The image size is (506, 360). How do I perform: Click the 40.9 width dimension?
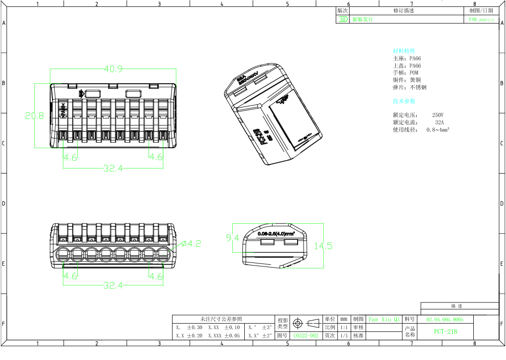tap(113, 69)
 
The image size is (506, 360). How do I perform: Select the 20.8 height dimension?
tap(34, 116)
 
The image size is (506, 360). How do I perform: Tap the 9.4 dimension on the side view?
tap(232, 238)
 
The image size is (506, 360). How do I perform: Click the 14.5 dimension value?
tap(323, 246)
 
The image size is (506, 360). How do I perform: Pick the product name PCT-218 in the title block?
tap(446, 331)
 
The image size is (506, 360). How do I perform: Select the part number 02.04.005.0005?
tap(445, 319)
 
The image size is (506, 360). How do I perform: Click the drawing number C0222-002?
tap(306, 336)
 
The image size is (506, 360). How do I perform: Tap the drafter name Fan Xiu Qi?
tap(385, 319)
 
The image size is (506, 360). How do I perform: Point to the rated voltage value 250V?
tap(438, 115)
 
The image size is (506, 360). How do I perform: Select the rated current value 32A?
tap(439, 122)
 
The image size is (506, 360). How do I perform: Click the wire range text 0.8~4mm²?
tap(438, 130)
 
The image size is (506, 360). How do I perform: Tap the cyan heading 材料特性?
tap(404, 51)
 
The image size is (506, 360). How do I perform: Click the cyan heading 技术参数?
tap(404, 101)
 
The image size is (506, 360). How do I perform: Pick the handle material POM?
tap(414, 73)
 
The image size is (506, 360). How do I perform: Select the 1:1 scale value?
tap(343, 327)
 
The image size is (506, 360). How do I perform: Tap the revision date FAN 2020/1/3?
tap(481, 20)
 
